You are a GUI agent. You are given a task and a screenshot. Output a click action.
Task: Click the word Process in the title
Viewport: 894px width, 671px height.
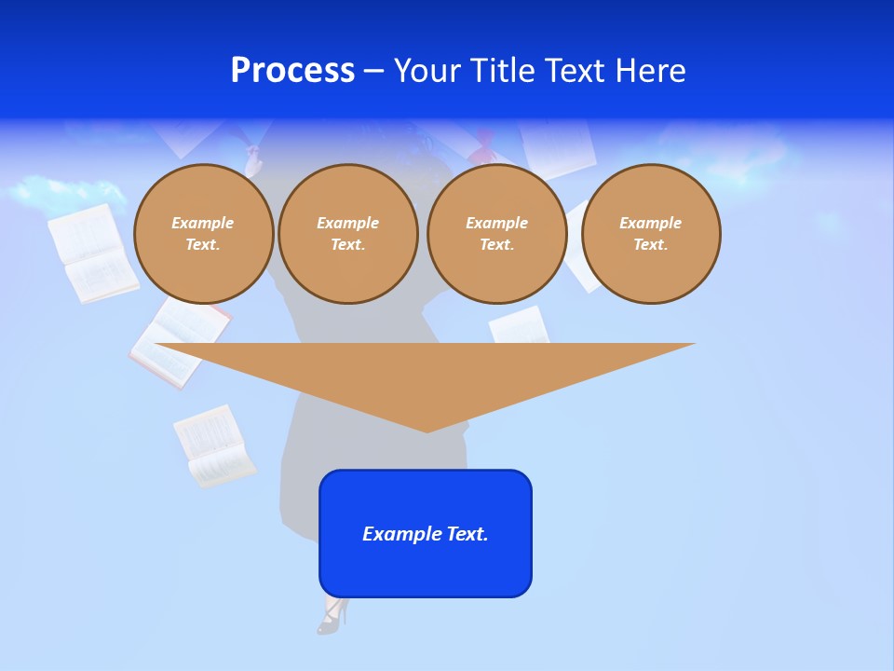tap(292, 71)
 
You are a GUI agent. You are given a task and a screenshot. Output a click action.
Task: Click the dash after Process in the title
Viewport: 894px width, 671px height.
tap(374, 71)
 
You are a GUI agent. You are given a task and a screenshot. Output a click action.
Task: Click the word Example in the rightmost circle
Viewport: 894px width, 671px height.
tap(650, 223)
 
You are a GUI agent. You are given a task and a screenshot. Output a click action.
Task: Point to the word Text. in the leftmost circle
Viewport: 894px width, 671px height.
tap(203, 244)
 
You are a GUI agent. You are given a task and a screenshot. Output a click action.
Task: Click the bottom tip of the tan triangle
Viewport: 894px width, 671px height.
tap(427, 429)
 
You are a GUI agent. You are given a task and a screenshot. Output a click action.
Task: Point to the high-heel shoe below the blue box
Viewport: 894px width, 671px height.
tap(332, 616)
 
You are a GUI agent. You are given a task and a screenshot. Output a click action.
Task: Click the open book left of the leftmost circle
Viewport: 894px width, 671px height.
tap(91, 253)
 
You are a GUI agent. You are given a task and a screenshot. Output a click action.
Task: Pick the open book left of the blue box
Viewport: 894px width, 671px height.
tap(214, 446)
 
